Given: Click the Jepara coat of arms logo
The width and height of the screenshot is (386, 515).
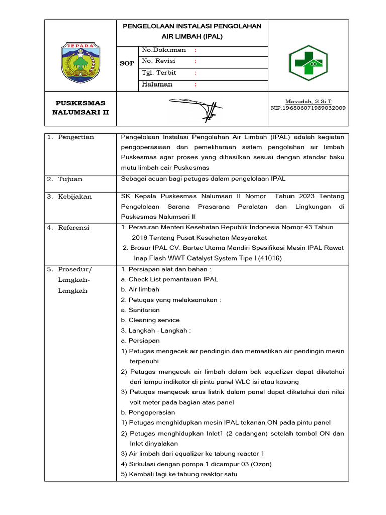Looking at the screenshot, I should point(80,63).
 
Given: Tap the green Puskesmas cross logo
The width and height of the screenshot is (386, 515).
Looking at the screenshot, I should point(308,63).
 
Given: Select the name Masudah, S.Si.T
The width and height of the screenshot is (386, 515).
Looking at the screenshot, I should point(309,101).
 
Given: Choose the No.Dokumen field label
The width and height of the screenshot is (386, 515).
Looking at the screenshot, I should point(164,50).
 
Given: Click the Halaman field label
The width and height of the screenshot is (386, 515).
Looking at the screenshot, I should point(157,84).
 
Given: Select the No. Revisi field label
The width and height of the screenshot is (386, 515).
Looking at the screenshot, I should point(159,61).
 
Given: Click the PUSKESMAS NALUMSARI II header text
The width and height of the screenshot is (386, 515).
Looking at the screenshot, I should point(80,108).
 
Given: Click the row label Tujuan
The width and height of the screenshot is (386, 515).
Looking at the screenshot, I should point(70,179).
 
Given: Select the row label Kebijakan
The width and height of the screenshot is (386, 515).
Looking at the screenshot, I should point(75,197).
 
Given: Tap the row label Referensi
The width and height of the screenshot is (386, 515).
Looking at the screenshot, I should point(74,228).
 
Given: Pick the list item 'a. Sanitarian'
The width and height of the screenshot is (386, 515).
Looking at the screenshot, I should point(140,310).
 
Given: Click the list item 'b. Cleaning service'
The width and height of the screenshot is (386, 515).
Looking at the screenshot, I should point(150,320).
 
